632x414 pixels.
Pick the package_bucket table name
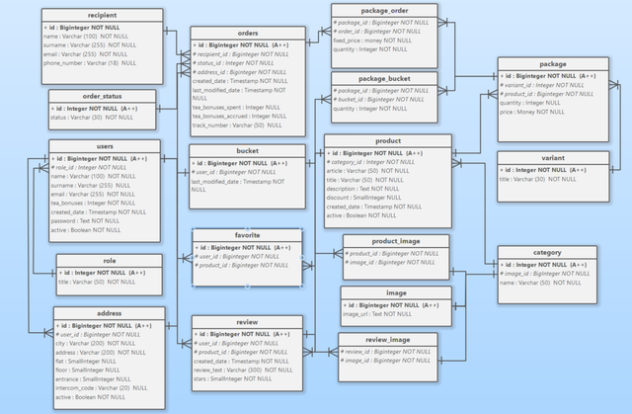pyautogui.click(x=384, y=77)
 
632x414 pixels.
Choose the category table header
pyautogui.click(x=546, y=252)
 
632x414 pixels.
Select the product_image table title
pyautogui.click(x=395, y=240)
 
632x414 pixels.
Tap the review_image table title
pyautogui.click(x=388, y=339)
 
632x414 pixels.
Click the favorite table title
pyautogui.click(x=248, y=236)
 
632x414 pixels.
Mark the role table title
pyautogui.click(x=109, y=261)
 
